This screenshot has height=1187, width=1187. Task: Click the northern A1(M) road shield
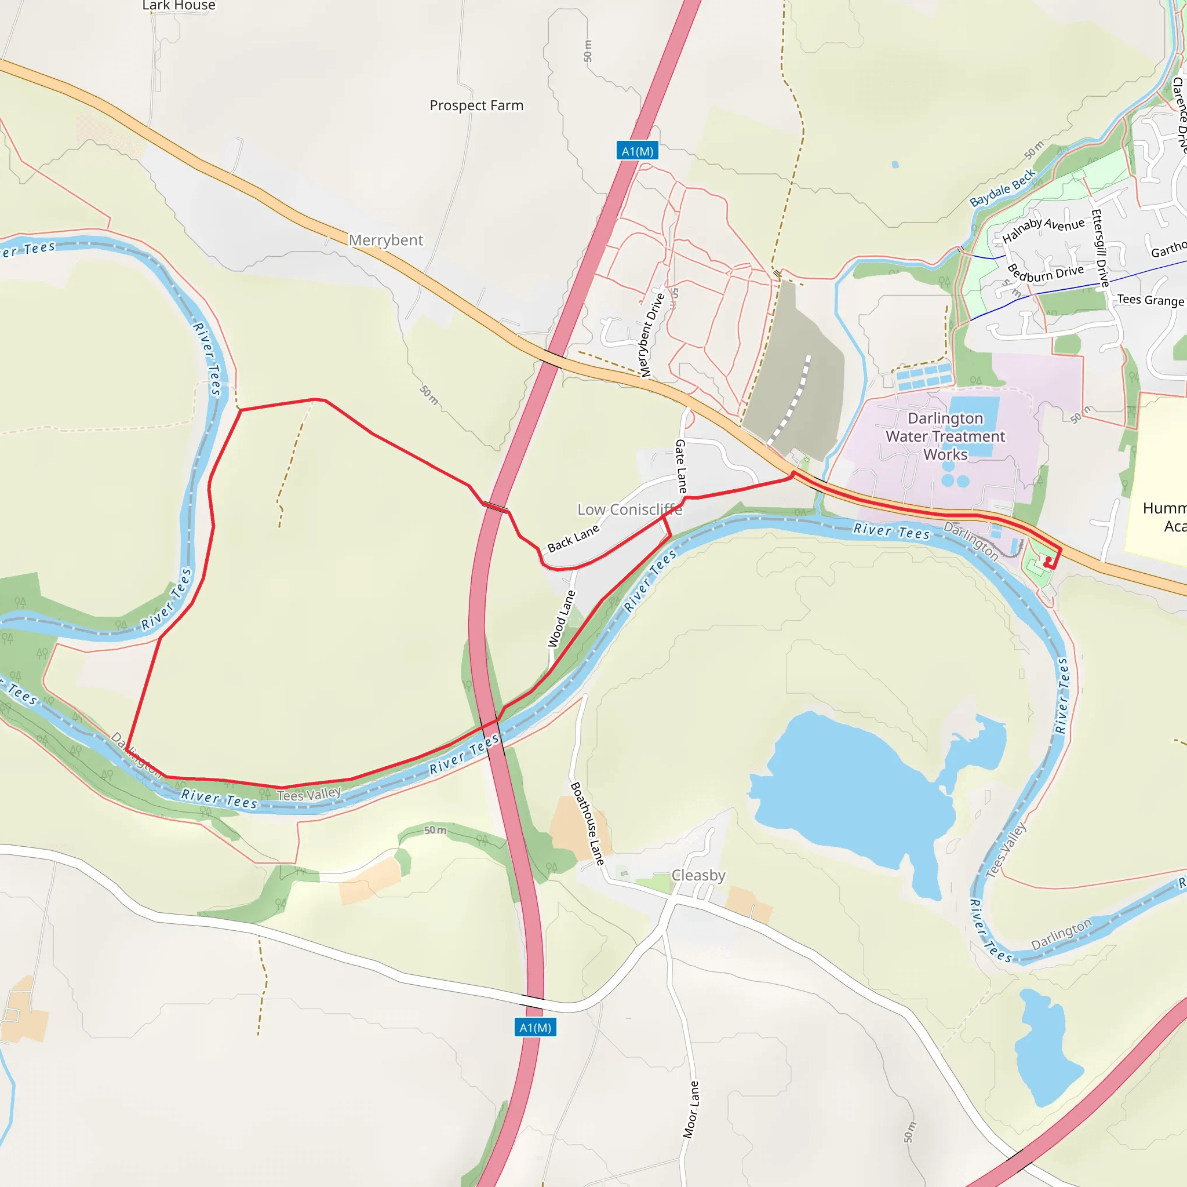pyautogui.click(x=637, y=151)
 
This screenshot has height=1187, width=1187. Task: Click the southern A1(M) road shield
pyautogui.click(x=535, y=1027)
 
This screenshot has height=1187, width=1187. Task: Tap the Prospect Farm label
pyautogui.click(x=476, y=105)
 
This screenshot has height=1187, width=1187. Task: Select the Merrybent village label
pyautogui.click(x=386, y=240)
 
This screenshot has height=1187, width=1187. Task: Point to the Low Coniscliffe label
pyautogui.click(x=629, y=509)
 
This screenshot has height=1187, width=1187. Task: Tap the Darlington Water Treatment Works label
pyautogui.click(x=945, y=436)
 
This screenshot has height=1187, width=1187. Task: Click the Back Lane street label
pyautogui.click(x=573, y=538)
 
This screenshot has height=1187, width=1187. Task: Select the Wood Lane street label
pyautogui.click(x=562, y=618)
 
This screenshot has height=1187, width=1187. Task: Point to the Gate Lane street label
pyautogui.click(x=682, y=467)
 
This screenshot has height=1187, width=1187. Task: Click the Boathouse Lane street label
pyautogui.click(x=587, y=822)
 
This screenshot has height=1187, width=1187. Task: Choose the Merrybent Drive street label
pyautogui.click(x=652, y=335)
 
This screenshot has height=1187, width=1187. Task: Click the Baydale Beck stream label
pyautogui.click(x=1003, y=187)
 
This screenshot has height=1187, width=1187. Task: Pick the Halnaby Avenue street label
pyautogui.click(x=1043, y=229)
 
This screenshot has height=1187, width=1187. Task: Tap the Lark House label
pyautogui.click(x=179, y=6)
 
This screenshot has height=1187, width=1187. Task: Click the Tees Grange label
pyautogui.click(x=1150, y=300)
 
